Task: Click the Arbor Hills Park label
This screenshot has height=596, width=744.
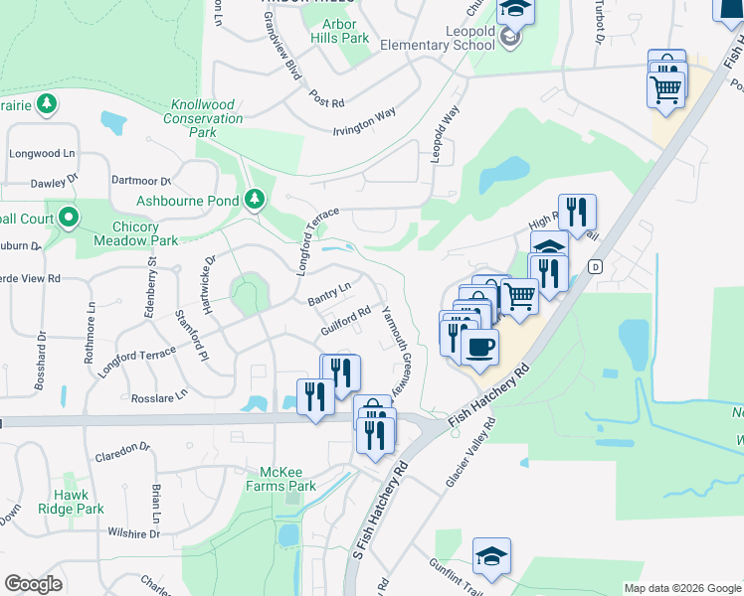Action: [x=346, y=31]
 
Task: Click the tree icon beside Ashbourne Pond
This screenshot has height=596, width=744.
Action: [x=255, y=200]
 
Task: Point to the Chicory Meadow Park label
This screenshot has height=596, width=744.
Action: [x=135, y=233]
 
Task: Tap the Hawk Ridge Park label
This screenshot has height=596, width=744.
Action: [x=80, y=502]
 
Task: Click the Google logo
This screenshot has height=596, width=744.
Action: [x=33, y=584]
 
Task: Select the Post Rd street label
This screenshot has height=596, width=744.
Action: [x=326, y=100]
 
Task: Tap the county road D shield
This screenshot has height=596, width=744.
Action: [x=595, y=266]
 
